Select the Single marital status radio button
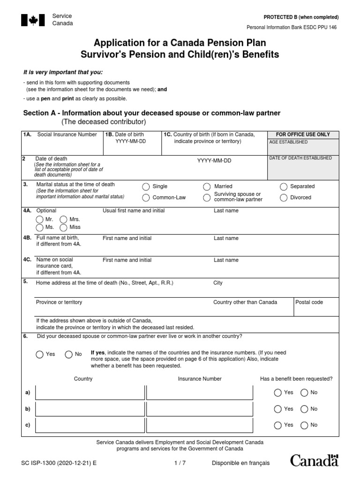146,187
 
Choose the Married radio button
207,187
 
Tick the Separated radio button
283,187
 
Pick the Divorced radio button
283,198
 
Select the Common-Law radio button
146,198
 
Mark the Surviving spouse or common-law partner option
207,198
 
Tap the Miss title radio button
63,227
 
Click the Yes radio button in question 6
40,354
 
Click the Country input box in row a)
90,393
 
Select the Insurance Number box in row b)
200,409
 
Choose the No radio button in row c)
304,425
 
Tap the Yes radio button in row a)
278,393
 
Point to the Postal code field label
309,302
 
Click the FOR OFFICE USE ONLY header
303,135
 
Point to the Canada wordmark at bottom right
314,460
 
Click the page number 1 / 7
180,463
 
